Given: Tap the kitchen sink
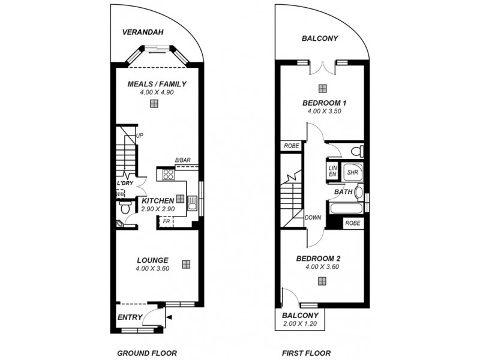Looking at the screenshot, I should [193, 203].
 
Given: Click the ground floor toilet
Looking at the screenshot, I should [125, 207].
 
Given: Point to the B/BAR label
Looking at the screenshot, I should [183, 160].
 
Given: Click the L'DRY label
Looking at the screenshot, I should [124, 182].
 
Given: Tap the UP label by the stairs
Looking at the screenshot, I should [140, 136].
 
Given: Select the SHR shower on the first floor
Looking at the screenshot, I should [352, 172].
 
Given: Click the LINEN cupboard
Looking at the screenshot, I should [332, 172].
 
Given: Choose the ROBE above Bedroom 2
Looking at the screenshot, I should [352, 223].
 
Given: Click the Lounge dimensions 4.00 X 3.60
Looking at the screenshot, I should [153, 269].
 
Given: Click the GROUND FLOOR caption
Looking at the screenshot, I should [147, 353].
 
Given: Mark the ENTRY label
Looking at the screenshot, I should [130, 317].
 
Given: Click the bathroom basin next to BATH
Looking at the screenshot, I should [359, 192].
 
